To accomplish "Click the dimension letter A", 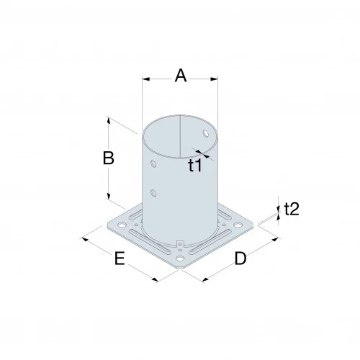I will pyautogui.click(x=180, y=76).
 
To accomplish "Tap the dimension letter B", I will pyautogui.click(x=108, y=159).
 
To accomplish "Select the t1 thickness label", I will pyautogui.click(x=195, y=166).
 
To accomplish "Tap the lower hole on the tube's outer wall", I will pyautogui.click(x=153, y=192).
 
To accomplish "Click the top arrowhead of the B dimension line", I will pyautogui.click(x=109, y=119).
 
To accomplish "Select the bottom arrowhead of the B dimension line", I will pyautogui.click(x=109, y=199).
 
